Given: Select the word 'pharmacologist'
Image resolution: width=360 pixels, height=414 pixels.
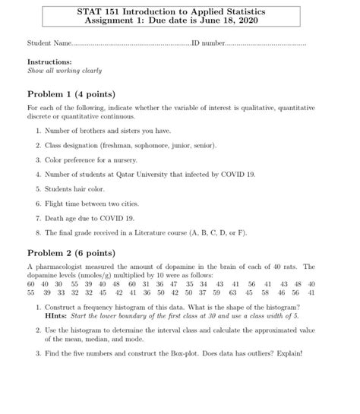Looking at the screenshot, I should point(60,267).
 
